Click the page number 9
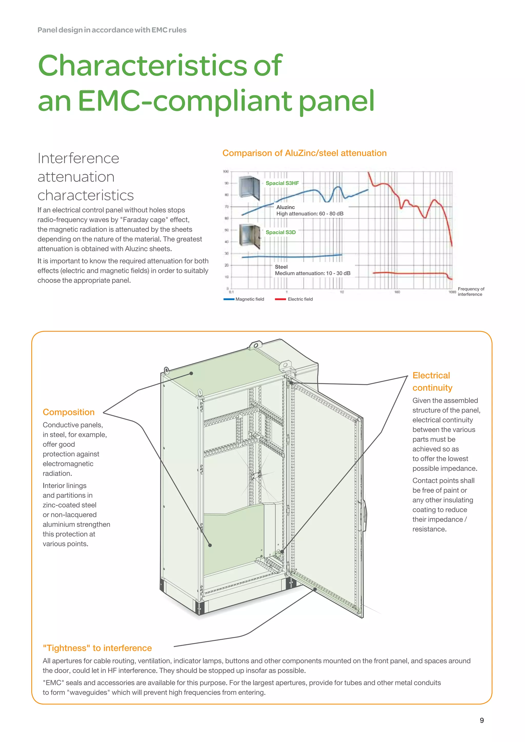(482, 720)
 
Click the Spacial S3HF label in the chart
(282, 183)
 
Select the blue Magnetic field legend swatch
(229, 299)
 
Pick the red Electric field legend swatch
(280, 299)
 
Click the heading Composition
(68, 412)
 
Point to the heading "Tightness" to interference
(97, 648)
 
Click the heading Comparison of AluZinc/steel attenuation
(304, 153)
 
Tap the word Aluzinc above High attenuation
(286, 207)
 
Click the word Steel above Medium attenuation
(281, 267)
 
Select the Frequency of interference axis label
(471, 292)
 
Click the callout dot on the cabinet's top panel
(191, 373)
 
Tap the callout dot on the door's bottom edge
(315, 589)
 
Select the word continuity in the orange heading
(432, 388)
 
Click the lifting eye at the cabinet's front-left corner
(166, 370)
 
